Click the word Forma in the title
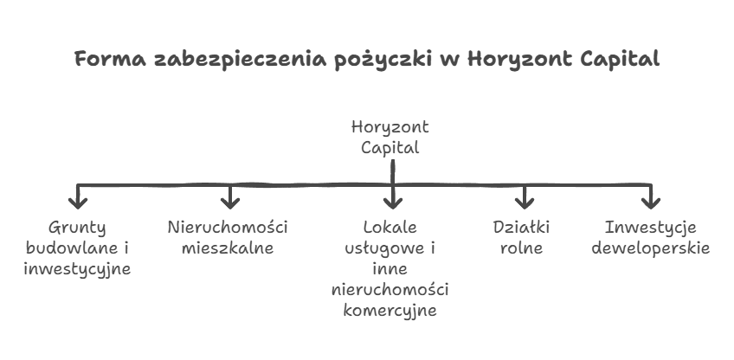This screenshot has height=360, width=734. click(x=110, y=59)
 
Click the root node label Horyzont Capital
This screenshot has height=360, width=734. click(x=390, y=138)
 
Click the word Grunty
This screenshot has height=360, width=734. click(x=77, y=228)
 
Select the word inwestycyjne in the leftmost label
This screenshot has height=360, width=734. click(x=77, y=270)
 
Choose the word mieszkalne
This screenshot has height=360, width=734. click(x=228, y=247)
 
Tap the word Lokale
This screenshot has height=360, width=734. click(x=390, y=227)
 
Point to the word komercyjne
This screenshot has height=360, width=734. click(x=390, y=311)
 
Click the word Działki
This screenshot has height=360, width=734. click(x=521, y=227)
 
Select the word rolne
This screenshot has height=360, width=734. click(x=521, y=247)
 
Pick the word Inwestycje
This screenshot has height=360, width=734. click(x=651, y=228)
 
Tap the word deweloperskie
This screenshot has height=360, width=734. click(x=651, y=248)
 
